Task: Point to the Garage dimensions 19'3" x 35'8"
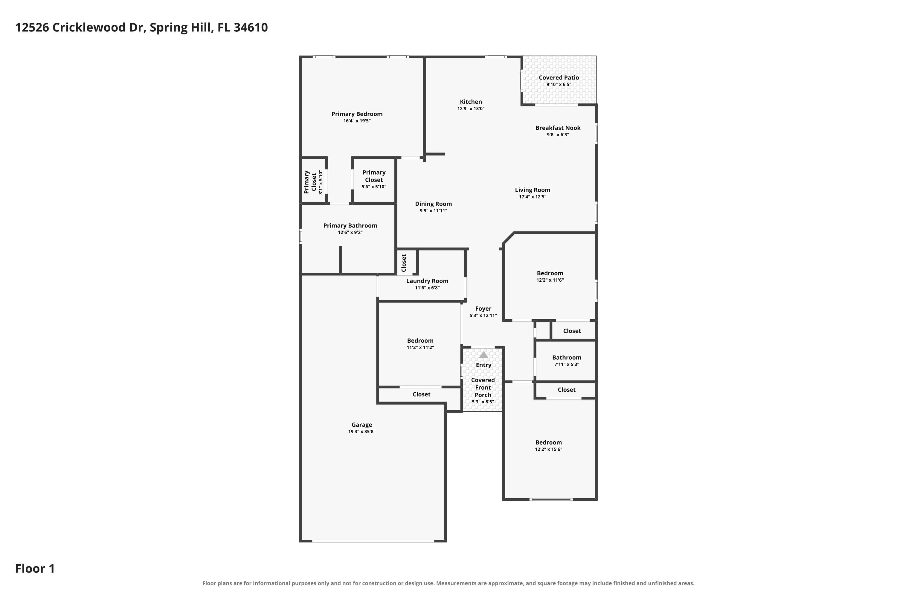[361, 432]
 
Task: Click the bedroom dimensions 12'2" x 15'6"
[548, 449]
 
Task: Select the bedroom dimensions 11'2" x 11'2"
[420, 347]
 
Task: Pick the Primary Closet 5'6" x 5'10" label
[374, 179]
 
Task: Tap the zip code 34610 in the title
[251, 28]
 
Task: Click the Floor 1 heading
[35, 569]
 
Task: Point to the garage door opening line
[373, 541]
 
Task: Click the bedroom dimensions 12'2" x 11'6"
[550, 280]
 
